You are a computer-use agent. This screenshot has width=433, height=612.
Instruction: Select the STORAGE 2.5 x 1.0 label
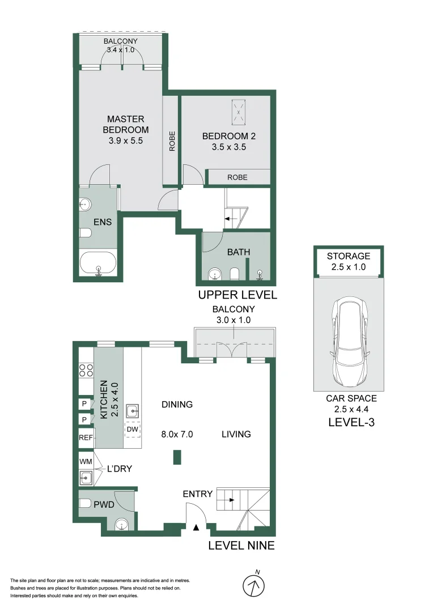(348, 261)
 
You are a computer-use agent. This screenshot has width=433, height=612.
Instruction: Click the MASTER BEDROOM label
(126, 129)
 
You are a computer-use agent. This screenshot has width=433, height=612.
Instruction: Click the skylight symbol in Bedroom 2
(239, 112)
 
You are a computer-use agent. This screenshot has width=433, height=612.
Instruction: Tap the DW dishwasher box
(133, 430)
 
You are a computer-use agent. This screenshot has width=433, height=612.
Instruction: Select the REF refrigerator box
(86, 437)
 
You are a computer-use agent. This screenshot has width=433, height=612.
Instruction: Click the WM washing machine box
(86, 462)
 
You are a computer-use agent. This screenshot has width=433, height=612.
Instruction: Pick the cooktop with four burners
(86, 371)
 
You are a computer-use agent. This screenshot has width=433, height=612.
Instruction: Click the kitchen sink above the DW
(133, 410)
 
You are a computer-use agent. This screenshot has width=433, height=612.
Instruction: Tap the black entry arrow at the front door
(196, 528)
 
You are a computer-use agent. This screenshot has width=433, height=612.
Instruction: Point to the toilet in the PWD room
(85, 503)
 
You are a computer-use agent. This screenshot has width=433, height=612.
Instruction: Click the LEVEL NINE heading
(241, 546)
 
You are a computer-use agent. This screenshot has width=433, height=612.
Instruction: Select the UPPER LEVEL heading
(237, 295)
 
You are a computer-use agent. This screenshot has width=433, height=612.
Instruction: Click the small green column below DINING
(177, 457)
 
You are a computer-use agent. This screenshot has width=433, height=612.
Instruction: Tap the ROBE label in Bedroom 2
(237, 177)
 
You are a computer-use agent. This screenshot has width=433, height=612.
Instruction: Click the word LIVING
(236, 434)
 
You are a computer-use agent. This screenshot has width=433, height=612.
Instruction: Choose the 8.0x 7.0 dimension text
(178, 435)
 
